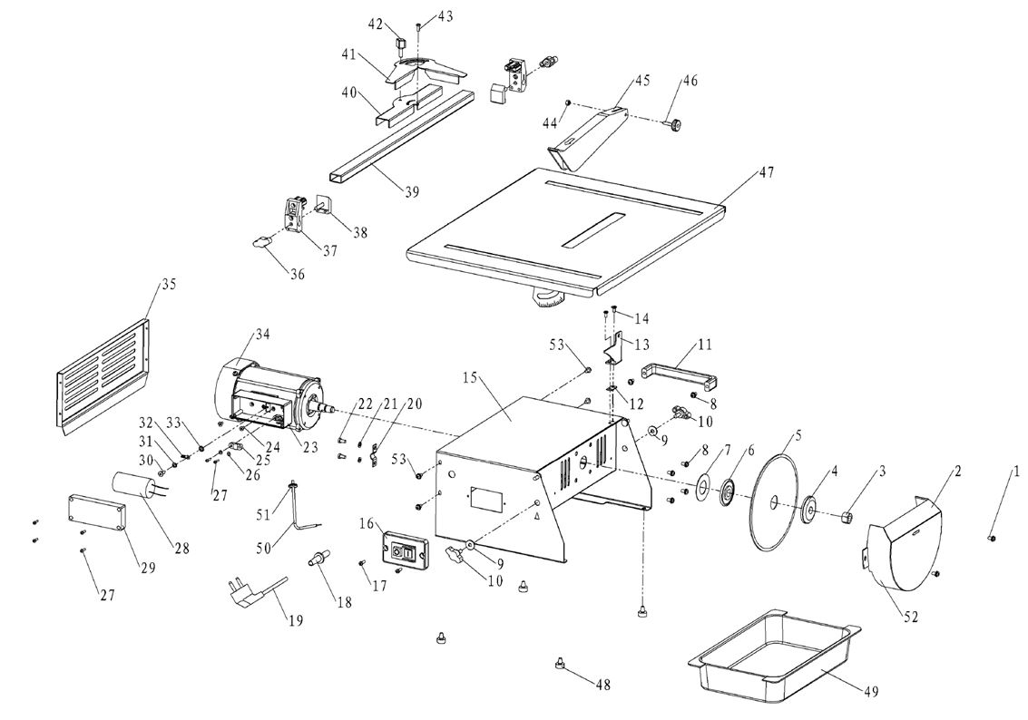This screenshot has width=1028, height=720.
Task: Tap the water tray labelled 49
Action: coord(777,653)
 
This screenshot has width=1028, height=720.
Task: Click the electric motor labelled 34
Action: coord(263,394)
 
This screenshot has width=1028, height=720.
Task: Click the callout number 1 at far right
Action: coord(1016,471)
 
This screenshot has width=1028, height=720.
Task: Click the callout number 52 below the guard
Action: coord(910,617)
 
